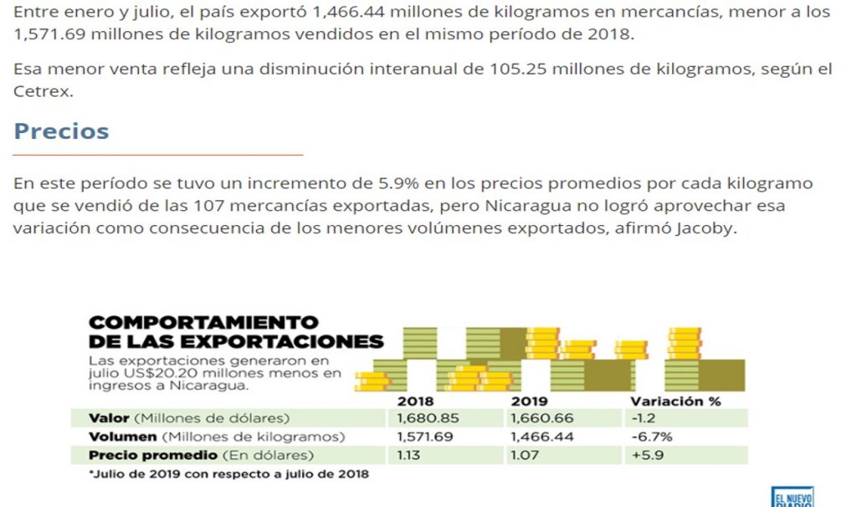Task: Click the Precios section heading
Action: point(61,131)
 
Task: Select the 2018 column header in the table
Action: point(415,401)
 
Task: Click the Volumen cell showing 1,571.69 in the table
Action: point(424,437)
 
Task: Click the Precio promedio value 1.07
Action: point(524,455)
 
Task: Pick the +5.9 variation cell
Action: point(647,455)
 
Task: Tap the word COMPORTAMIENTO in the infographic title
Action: point(203,323)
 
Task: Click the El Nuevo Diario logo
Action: point(791,496)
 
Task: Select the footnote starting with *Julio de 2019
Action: point(228,474)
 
